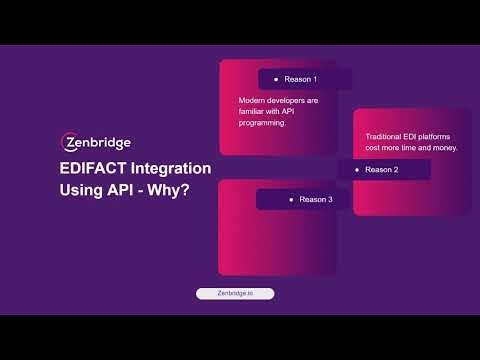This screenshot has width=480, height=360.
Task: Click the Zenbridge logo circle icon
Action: [x=69, y=142]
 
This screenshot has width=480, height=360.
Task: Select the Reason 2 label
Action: [x=381, y=170]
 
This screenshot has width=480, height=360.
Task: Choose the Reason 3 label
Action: [x=316, y=200]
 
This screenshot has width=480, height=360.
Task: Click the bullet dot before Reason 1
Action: [x=276, y=79]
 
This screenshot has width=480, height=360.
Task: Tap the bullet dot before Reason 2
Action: [x=356, y=170]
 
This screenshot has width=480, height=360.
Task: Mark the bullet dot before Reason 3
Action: [x=291, y=200]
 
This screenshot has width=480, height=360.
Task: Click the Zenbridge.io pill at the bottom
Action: [x=234, y=294]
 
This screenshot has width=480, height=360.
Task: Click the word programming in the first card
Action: [x=262, y=124]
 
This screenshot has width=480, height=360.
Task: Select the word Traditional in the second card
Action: [x=374, y=136]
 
